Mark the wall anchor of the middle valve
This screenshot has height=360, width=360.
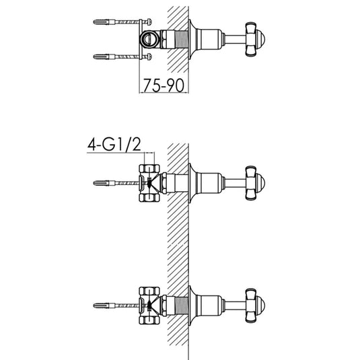pos(108,182)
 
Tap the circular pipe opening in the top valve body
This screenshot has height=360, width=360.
pos(149,39)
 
